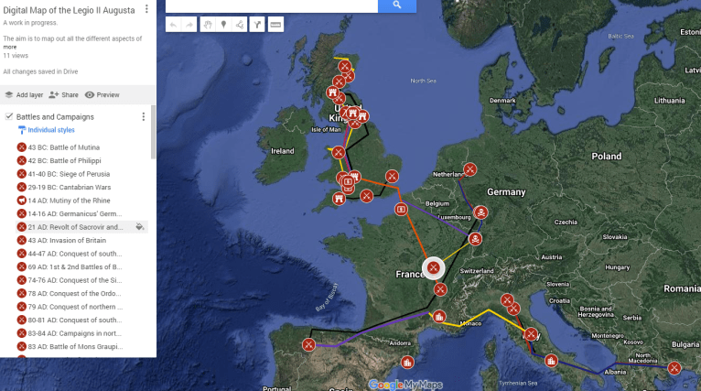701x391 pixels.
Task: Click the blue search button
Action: pyautogui.click(x=396, y=5)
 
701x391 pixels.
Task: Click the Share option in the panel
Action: pyautogui.click(x=63, y=94)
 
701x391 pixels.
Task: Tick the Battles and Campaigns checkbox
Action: pyautogui.click(x=8, y=117)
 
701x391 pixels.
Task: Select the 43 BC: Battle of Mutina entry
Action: pyautogui.click(x=63, y=147)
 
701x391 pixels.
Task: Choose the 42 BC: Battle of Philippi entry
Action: pyautogui.click(x=63, y=161)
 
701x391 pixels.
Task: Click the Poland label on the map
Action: pyautogui.click(x=606, y=157)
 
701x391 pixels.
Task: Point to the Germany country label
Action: pyautogui.click(x=506, y=192)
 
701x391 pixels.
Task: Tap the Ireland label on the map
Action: pyautogui.click(x=282, y=151)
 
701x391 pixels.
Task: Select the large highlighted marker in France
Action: pyautogui.click(x=433, y=268)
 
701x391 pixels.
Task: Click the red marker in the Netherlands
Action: pyautogui.click(x=469, y=168)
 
